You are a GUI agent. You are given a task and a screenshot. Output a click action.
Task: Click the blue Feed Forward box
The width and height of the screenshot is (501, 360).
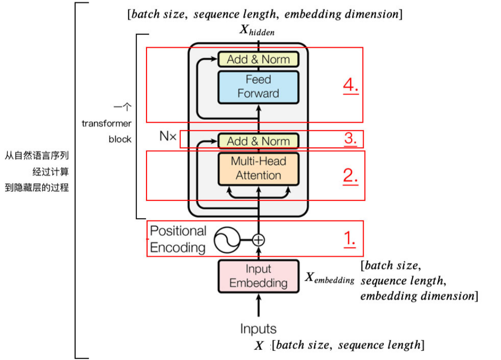[x=258, y=86]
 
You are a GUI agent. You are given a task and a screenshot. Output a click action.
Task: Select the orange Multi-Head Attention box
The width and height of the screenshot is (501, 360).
[x=258, y=168]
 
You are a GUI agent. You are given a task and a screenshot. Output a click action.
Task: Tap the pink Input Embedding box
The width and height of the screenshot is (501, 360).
[x=258, y=276]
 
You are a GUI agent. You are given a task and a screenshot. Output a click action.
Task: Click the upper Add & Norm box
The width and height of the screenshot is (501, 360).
[x=258, y=59]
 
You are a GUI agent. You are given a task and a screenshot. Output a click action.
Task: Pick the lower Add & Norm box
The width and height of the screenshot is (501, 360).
[x=258, y=141]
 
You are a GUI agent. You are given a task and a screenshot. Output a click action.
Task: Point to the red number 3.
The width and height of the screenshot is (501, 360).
[x=351, y=139]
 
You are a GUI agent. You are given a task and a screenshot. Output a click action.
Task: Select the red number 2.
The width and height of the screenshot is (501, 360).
[x=351, y=175]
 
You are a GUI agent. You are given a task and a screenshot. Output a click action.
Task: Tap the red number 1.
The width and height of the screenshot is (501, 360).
[x=350, y=238]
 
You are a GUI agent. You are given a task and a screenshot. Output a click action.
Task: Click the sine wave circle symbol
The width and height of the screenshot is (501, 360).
[x=227, y=240]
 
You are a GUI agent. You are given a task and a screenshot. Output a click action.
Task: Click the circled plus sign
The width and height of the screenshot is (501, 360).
[x=259, y=239]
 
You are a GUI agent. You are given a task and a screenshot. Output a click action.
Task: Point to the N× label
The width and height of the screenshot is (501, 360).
[x=168, y=136]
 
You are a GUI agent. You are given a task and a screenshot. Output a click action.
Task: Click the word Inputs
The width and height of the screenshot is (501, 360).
[x=258, y=329]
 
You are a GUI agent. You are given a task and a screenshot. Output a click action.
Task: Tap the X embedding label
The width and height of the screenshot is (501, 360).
[x=330, y=278]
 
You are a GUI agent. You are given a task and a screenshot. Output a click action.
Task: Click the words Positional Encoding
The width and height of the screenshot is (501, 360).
[x=178, y=239]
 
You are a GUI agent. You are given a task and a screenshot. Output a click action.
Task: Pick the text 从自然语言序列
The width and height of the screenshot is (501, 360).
[x=37, y=156]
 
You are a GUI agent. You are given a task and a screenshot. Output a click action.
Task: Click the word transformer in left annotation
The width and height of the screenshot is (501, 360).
[x=107, y=123]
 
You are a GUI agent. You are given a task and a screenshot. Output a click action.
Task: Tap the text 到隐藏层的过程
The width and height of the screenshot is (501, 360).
[x=37, y=187]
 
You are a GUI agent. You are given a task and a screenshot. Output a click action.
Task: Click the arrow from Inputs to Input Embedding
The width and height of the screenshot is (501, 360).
[x=259, y=306]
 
